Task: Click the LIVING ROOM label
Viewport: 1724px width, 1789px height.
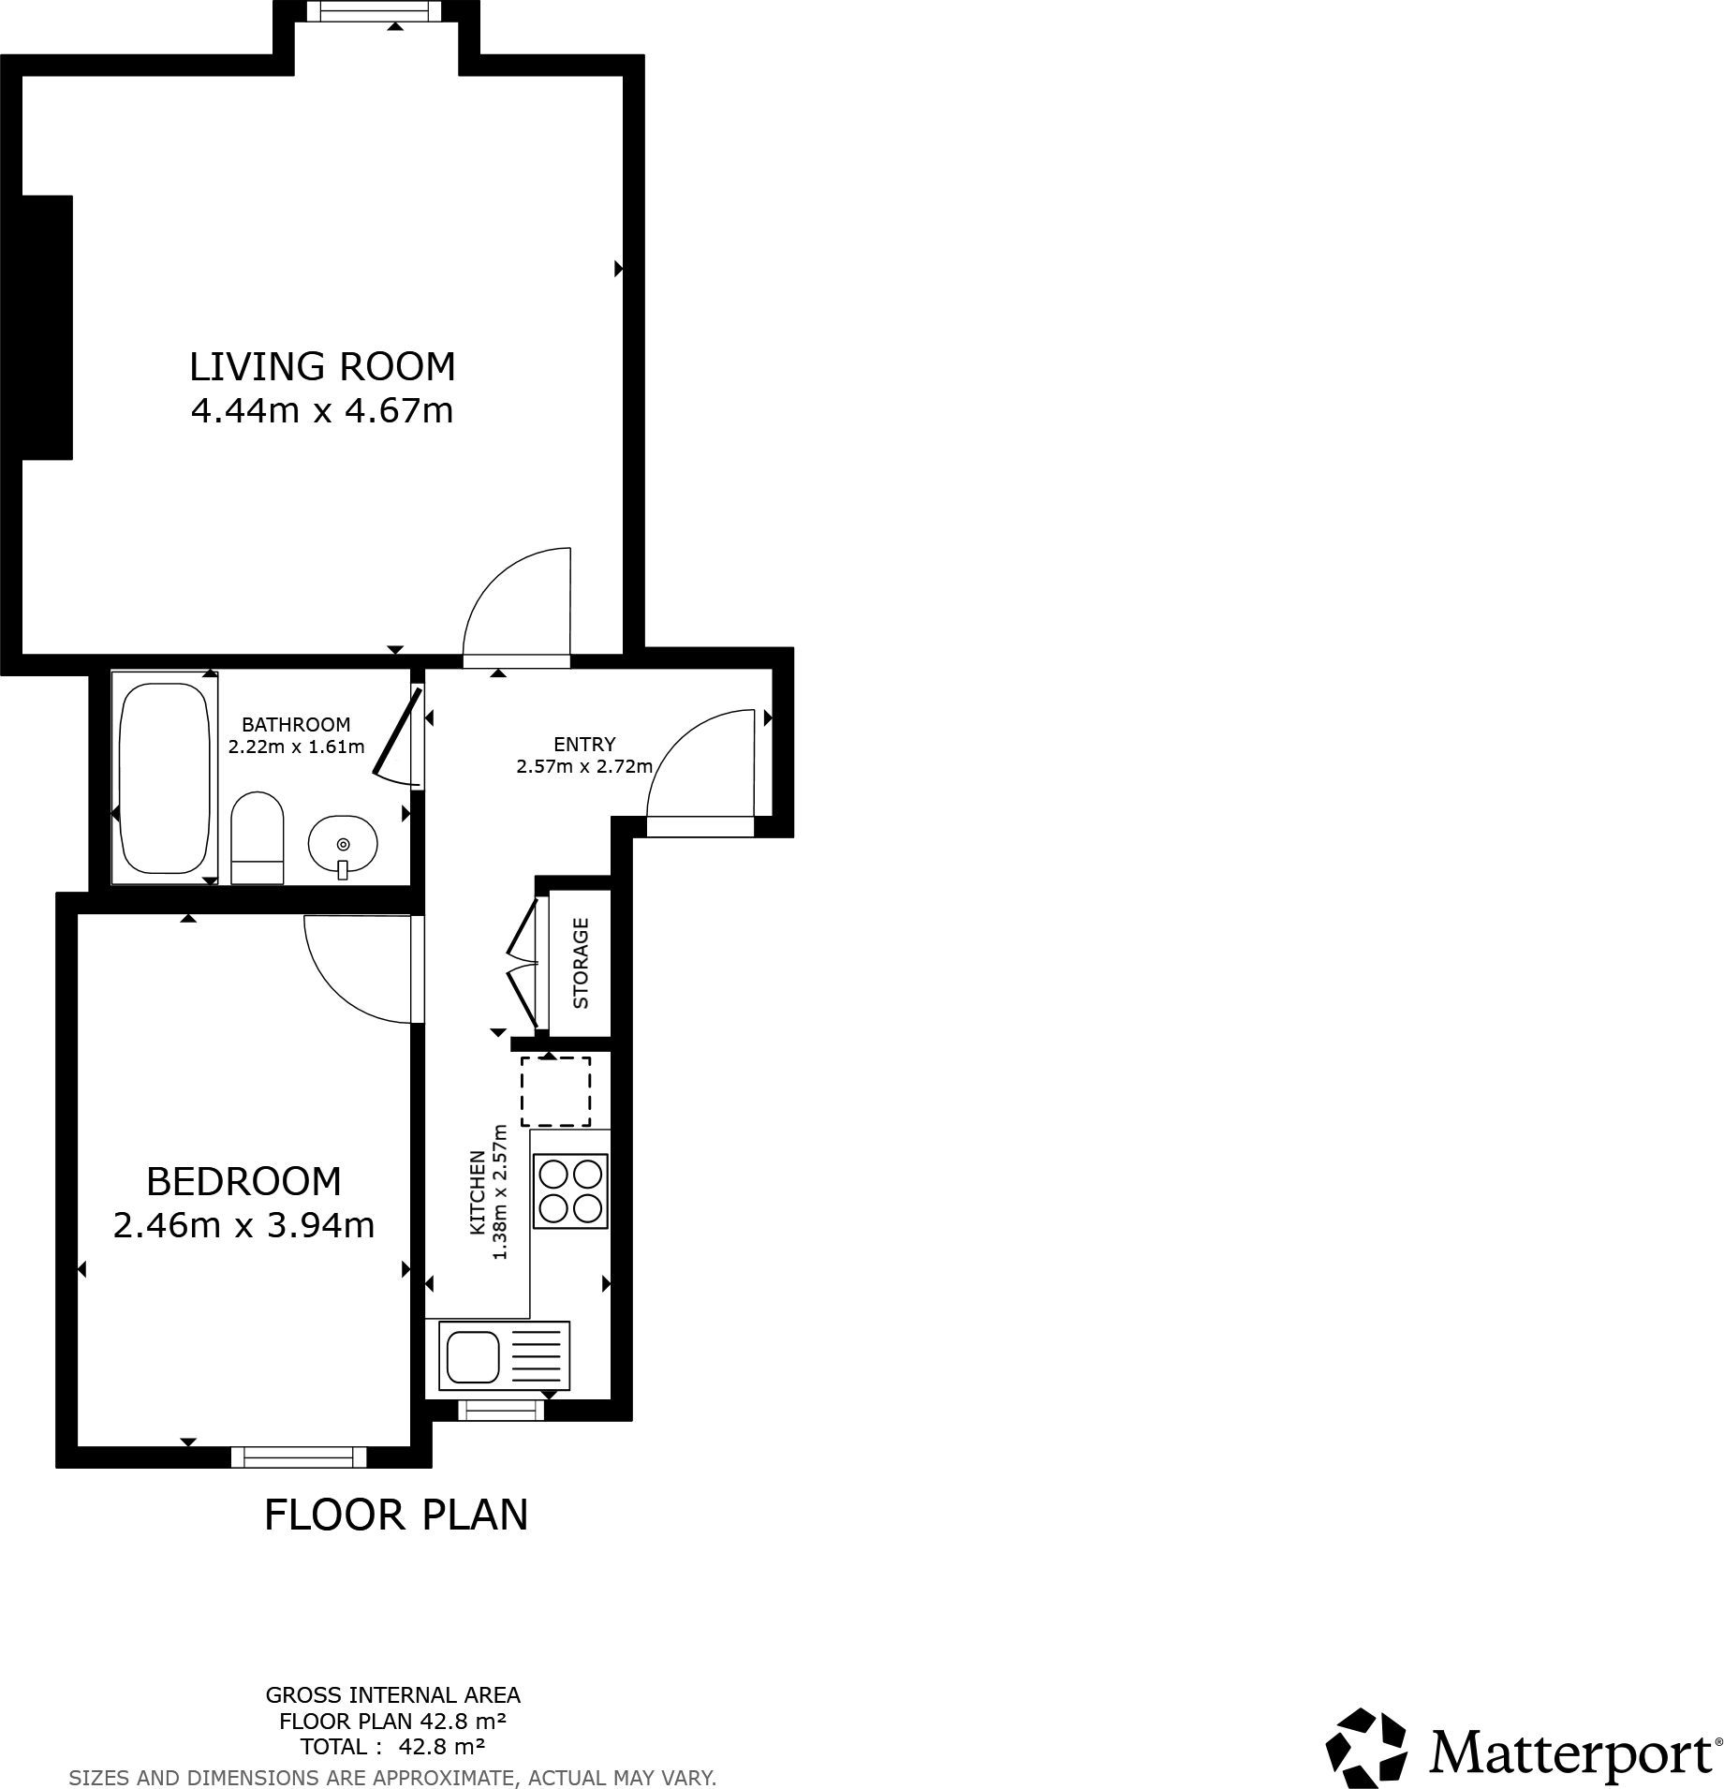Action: [x=322, y=366]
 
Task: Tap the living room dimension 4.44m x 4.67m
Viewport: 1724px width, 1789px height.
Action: [x=322, y=410]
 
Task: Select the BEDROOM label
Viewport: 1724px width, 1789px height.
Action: [x=243, y=1181]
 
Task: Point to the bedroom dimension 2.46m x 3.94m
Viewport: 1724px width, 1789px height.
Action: [x=243, y=1225]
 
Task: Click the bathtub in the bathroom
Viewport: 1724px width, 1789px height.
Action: [x=165, y=777]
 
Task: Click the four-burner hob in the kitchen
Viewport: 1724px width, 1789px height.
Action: [x=570, y=1190]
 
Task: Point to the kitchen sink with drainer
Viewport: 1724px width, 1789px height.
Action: [x=505, y=1355]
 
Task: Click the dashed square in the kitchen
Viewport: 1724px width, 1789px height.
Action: [x=556, y=1091]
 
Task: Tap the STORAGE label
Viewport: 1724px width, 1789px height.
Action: [x=581, y=963]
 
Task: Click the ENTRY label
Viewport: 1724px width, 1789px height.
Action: [x=584, y=744]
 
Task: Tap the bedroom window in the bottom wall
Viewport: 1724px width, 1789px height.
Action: [x=299, y=1456]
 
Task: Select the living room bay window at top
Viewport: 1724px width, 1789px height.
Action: [x=375, y=11]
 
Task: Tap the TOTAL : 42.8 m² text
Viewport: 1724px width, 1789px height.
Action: [x=392, y=1746]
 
